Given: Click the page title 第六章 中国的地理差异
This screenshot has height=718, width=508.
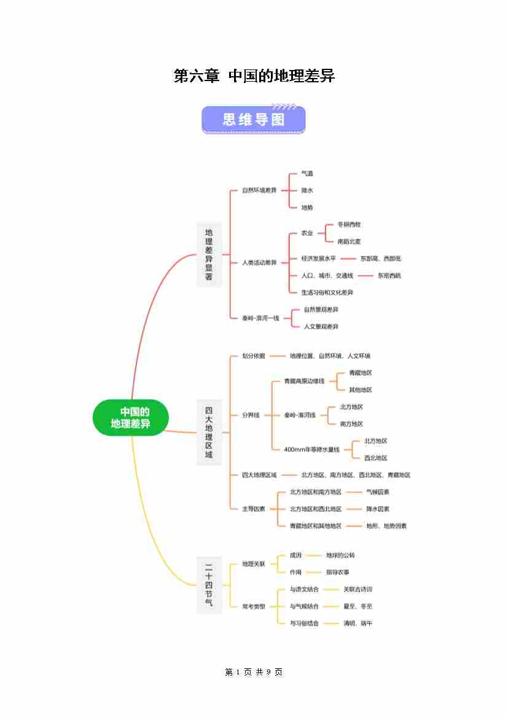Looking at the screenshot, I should (254, 76).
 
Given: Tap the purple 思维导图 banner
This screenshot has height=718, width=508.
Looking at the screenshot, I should (254, 119).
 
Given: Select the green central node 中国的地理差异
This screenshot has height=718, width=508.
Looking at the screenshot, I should (131, 418).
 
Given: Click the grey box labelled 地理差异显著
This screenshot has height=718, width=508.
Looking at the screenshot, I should (209, 254).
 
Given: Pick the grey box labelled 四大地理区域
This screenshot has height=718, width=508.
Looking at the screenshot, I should (209, 432).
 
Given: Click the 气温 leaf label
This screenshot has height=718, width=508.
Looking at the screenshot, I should (307, 174).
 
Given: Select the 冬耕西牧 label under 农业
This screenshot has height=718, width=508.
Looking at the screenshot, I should (350, 225).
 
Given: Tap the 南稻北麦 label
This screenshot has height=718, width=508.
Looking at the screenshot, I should (350, 242).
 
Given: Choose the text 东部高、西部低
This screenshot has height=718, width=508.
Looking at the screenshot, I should (380, 259).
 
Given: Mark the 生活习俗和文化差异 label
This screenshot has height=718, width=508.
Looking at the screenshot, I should (327, 292).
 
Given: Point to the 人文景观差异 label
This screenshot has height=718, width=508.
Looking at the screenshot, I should (321, 327).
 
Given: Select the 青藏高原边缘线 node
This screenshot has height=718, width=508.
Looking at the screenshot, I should (304, 381).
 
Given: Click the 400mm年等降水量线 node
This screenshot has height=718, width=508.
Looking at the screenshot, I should (311, 450).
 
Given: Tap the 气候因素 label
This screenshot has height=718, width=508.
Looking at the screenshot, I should (378, 492).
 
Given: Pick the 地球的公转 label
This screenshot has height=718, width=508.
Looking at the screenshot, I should (340, 555).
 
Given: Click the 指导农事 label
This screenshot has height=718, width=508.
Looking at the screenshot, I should (338, 572).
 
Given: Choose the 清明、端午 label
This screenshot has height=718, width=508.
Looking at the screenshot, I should (358, 623).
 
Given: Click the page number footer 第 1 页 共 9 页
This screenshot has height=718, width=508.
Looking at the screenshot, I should (254, 673).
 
